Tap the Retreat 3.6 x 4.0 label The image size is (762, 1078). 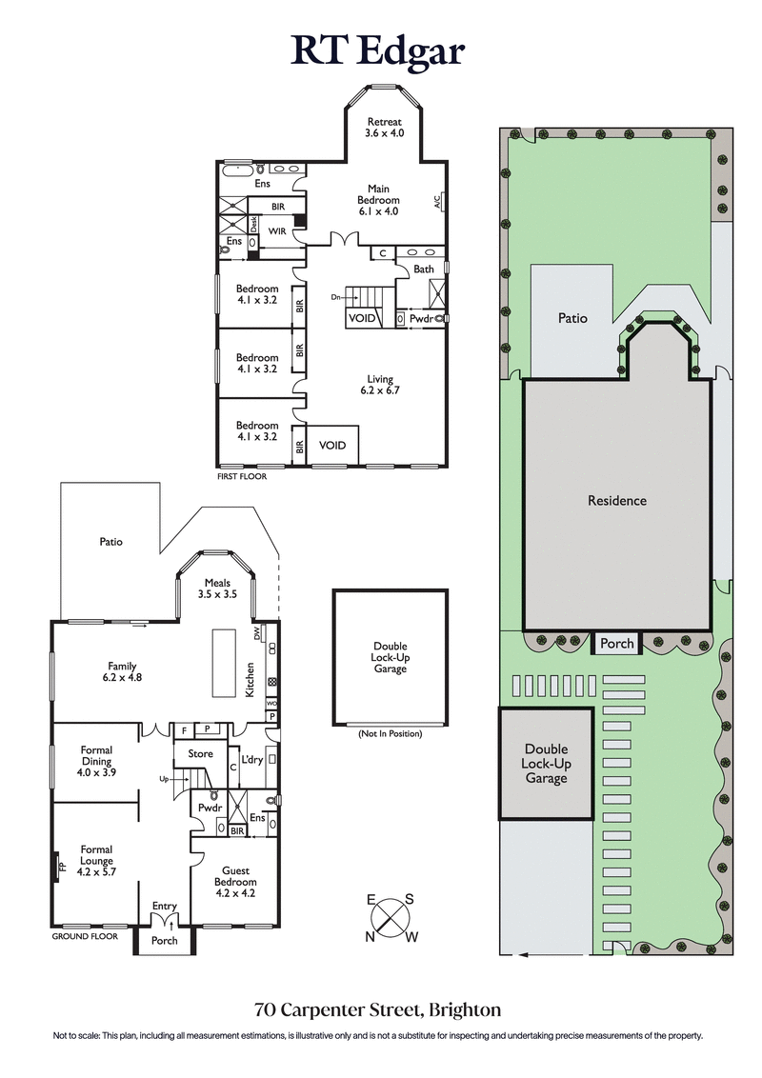coord(386,128)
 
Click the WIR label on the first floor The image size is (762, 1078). coord(278,231)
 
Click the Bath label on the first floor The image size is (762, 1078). coord(424,269)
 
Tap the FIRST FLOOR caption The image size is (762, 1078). coord(243,475)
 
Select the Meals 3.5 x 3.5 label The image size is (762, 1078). coord(216,588)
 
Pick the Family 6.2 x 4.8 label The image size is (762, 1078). coord(121,671)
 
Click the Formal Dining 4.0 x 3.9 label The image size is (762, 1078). coord(95,761)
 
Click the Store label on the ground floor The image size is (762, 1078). coord(200,754)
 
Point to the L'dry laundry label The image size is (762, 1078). coord(251,759)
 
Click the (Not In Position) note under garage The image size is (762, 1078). coord(390,734)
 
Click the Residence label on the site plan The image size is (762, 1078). coord(616,501)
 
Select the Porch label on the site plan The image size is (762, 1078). coord(616,644)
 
